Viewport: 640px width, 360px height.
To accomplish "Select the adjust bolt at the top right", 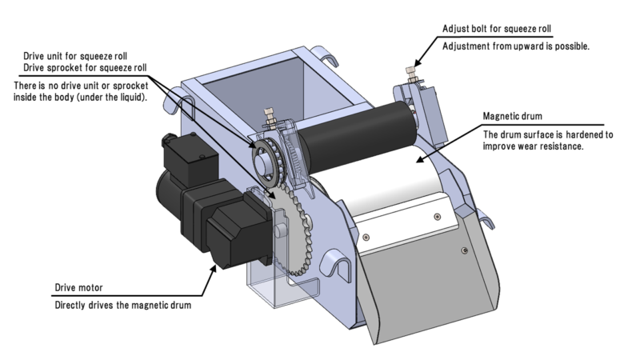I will point(416,70).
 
